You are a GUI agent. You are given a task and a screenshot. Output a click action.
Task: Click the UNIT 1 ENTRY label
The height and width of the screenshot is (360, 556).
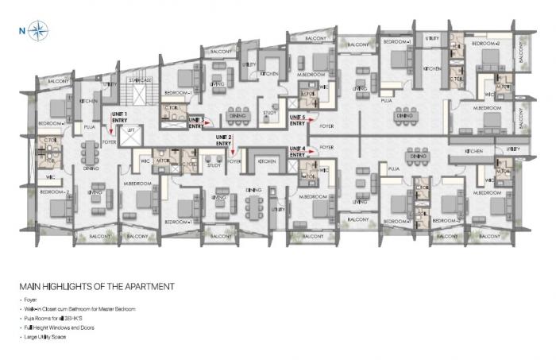click(x=121, y=118)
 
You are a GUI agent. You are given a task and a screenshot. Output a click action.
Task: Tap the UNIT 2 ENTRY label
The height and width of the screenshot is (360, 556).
click(x=225, y=141)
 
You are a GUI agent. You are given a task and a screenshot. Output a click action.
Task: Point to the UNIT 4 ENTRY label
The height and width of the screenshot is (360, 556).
click(x=298, y=152)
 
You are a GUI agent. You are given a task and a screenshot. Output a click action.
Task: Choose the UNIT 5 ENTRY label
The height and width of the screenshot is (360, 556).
click(x=298, y=121)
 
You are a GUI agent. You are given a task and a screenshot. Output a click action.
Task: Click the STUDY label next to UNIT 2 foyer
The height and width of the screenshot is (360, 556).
click(x=214, y=165)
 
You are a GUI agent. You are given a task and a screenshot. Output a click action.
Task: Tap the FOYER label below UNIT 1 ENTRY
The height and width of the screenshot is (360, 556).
click(x=110, y=142)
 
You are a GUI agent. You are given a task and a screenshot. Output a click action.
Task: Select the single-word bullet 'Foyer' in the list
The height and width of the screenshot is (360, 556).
click(x=32, y=299)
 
